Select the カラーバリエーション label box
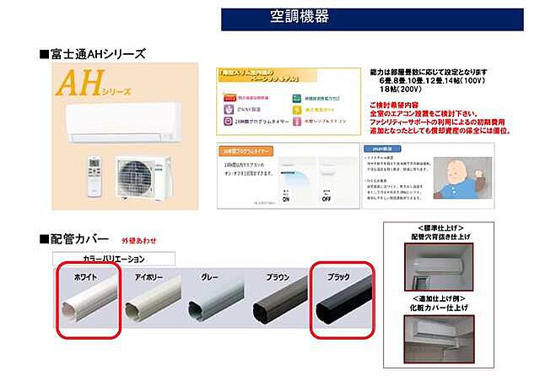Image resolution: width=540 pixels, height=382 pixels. (x=112, y=259)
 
